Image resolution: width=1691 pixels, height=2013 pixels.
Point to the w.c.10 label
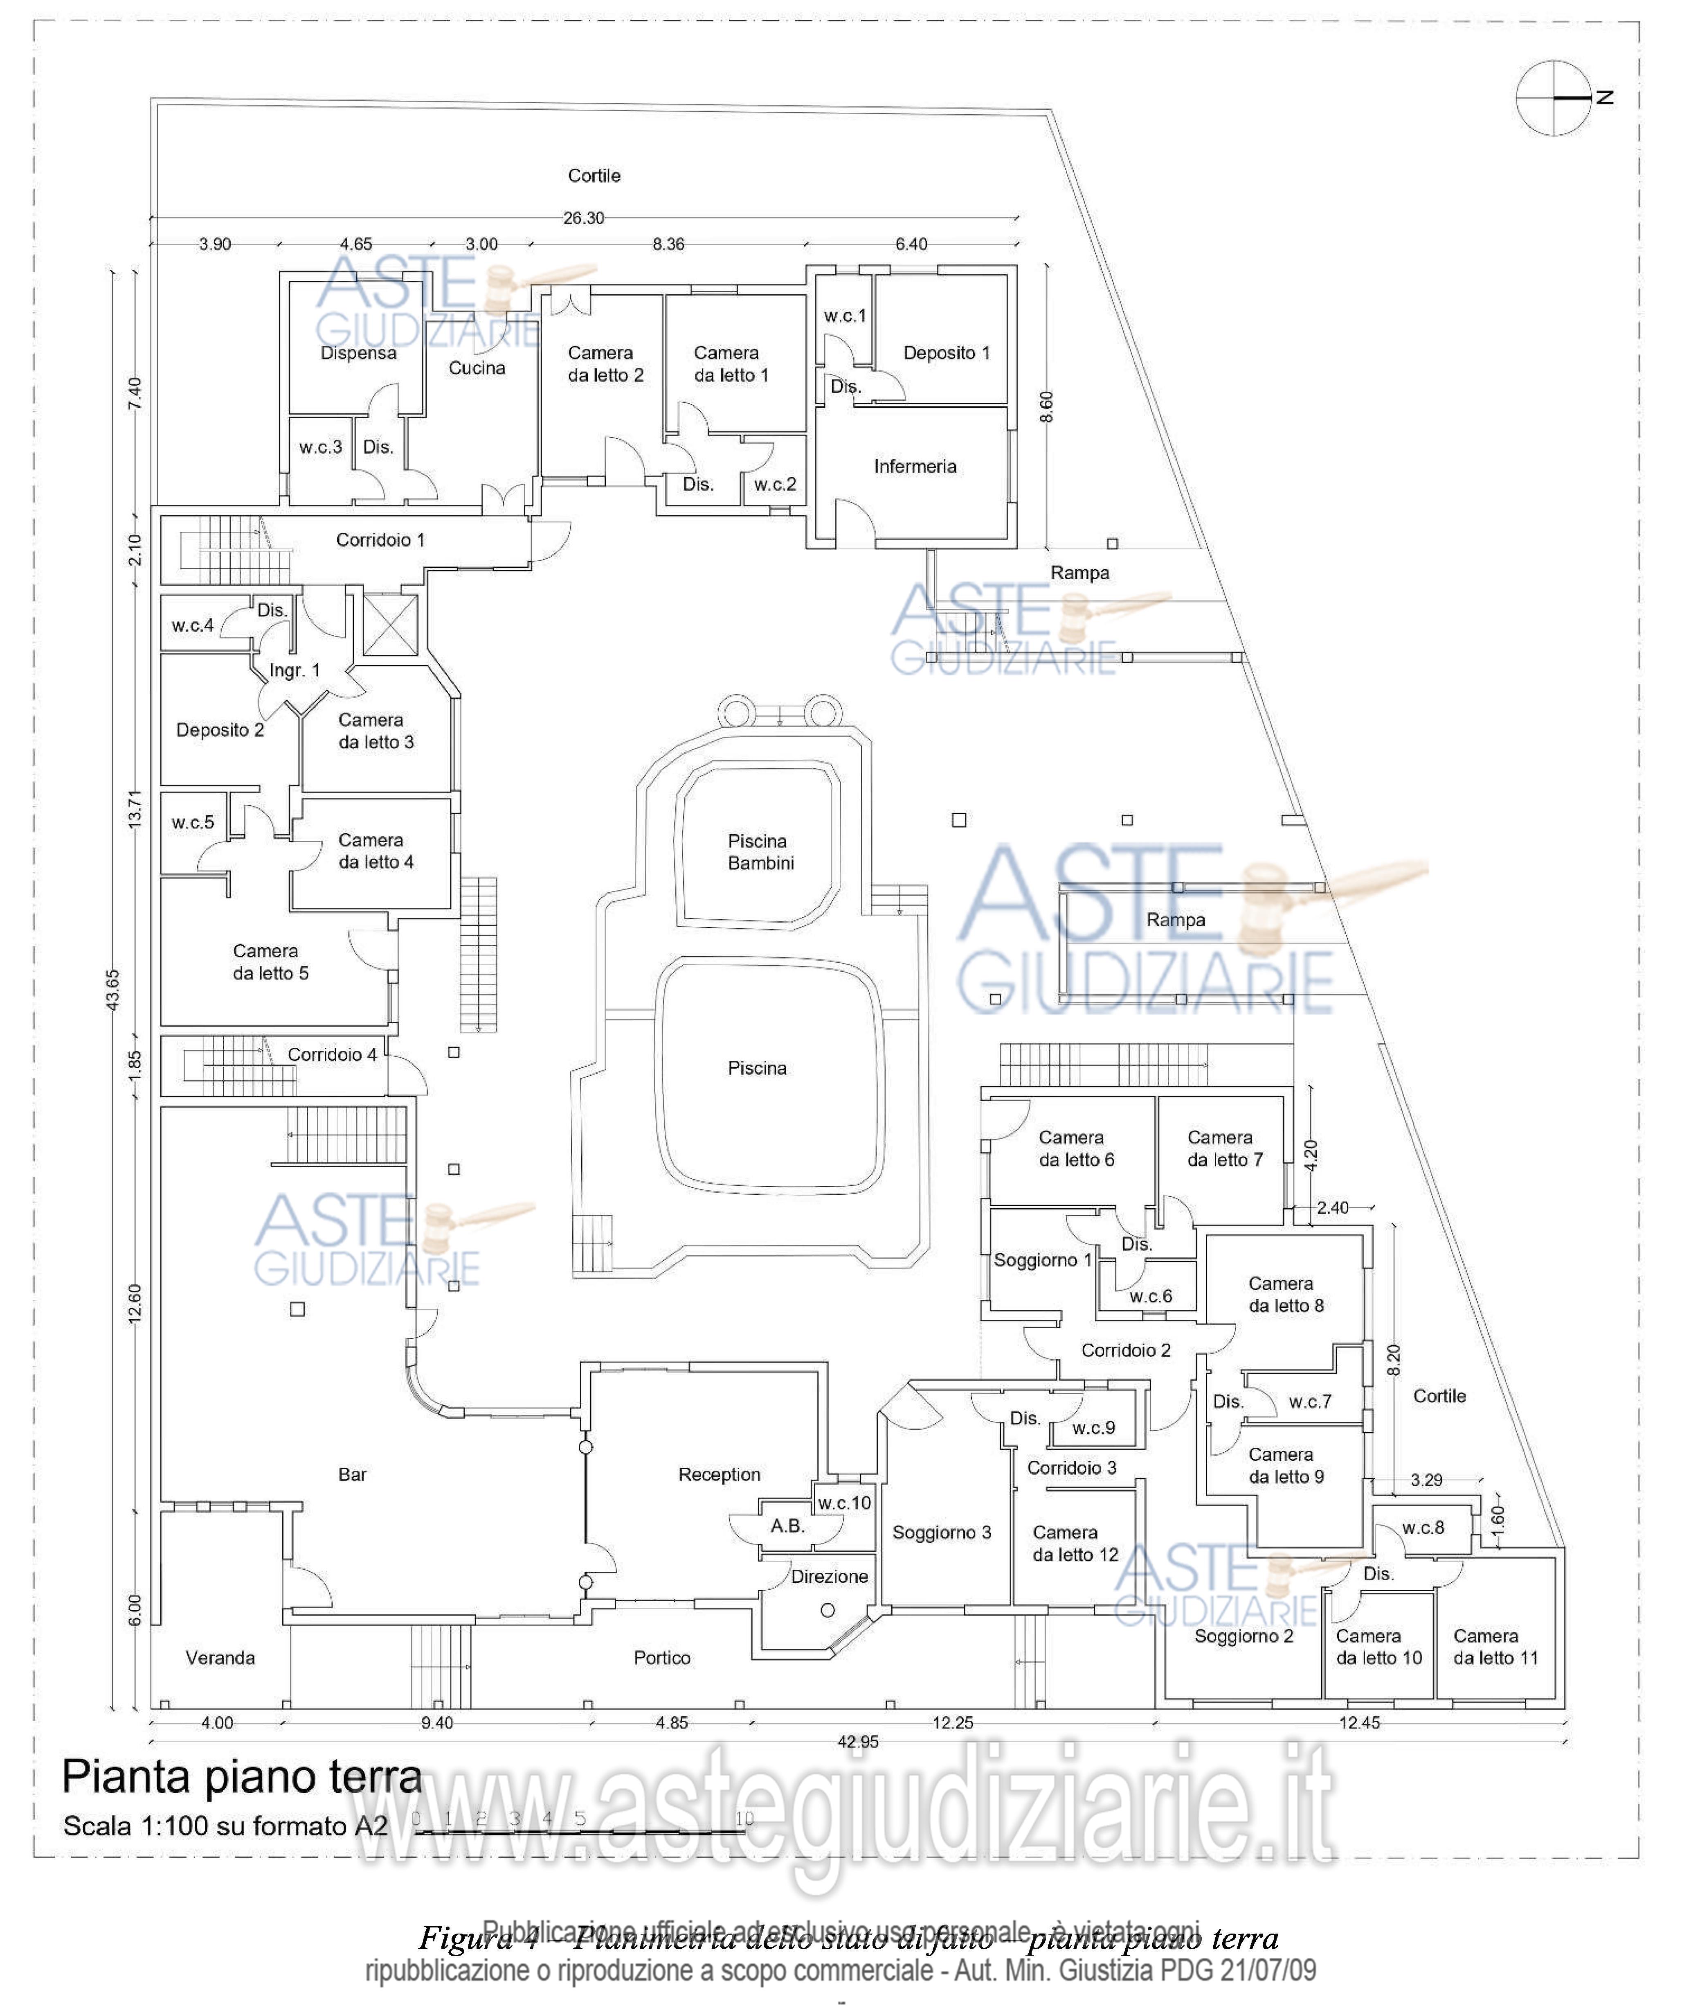(843, 1503)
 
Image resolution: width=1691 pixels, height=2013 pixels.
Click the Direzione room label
(829, 1576)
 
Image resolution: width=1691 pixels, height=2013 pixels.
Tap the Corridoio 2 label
(1125, 1350)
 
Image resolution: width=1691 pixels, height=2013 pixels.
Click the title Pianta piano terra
(242, 1777)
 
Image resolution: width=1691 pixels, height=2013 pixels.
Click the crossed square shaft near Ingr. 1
(390, 625)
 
